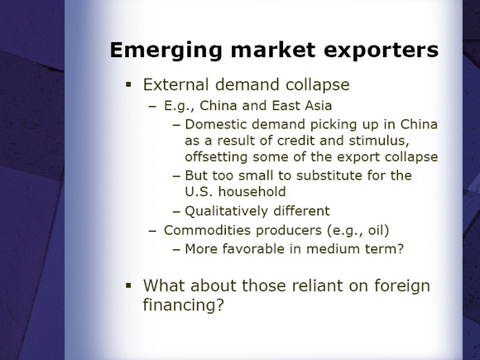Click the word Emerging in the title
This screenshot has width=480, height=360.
point(166,50)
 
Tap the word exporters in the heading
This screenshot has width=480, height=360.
point(382,50)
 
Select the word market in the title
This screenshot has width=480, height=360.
point(273,50)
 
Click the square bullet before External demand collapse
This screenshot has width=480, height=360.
point(128,84)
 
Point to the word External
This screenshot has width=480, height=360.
point(176,84)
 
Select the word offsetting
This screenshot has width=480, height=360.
point(216,157)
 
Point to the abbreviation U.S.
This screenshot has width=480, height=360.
point(199,192)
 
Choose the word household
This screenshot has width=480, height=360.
point(252,192)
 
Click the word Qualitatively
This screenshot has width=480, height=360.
point(226,211)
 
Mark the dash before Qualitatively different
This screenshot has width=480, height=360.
point(176,212)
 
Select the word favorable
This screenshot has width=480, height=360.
point(253,249)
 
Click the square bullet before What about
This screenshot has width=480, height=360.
point(128,286)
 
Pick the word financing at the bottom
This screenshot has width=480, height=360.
point(184,305)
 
